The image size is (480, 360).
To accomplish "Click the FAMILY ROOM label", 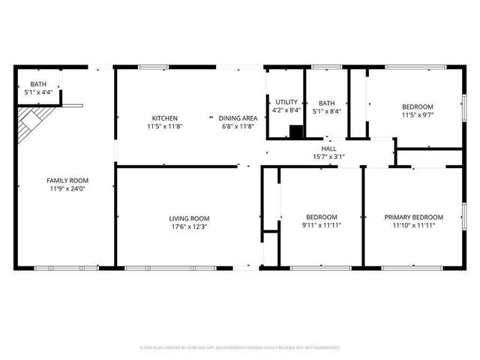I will pyautogui.click(x=67, y=181).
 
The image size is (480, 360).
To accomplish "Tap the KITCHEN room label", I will pyautogui.click(x=164, y=118).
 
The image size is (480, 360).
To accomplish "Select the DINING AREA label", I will pyautogui.click(x=238, y=118).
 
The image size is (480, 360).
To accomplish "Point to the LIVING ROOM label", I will pyautogui.click(x=188, y=218).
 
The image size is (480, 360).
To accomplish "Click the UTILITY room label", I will pyautogui.click(x=286, y=102).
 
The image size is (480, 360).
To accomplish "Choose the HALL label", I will pyautogui.click(x=328, y=148).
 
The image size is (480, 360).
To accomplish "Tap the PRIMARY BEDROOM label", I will pyautogui.click(x=413, y=217).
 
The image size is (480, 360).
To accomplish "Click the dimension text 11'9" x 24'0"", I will pyautogui.click(x=67, y=189).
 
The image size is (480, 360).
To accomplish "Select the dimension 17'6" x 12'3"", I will pyautogui.click(x=188, y=226).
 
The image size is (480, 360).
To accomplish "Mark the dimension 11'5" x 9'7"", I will pyautogui.click(x=417, y=116).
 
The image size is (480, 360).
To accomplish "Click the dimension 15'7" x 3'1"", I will pyautogui.click(x=328, y=157).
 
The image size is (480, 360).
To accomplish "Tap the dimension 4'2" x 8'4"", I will pyautogui.click(x=286, y=110).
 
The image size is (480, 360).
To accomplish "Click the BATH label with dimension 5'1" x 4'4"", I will pyautogui.click(x=37, y=84).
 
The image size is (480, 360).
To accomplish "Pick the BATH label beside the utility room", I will pyautogui.click(x=326, y=103).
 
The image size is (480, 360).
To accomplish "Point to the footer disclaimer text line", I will pyautogui.click(x=240, y=348).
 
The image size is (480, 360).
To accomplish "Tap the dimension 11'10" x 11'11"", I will pyautogui.click(x=413, y=225).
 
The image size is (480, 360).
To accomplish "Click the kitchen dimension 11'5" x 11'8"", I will pyautogui.click(x=164, y=127).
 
